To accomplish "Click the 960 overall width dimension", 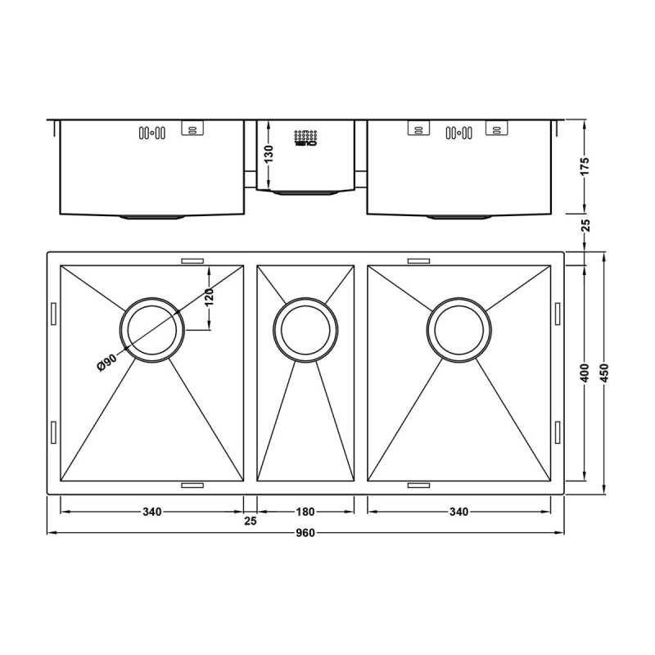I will click(304, 533).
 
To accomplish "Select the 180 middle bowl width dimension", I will click(305, 513).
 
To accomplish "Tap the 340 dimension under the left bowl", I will click(151, 513).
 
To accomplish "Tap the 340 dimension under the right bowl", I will click(458, 513).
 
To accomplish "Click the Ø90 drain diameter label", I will click(106, 359).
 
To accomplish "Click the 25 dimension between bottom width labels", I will click(250, 522).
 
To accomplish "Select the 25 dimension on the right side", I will click(584, 226).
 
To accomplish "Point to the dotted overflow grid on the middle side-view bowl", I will click(305, 138).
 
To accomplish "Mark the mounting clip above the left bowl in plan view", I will click(192, 260).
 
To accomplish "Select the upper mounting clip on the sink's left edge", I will click(53, 314).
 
